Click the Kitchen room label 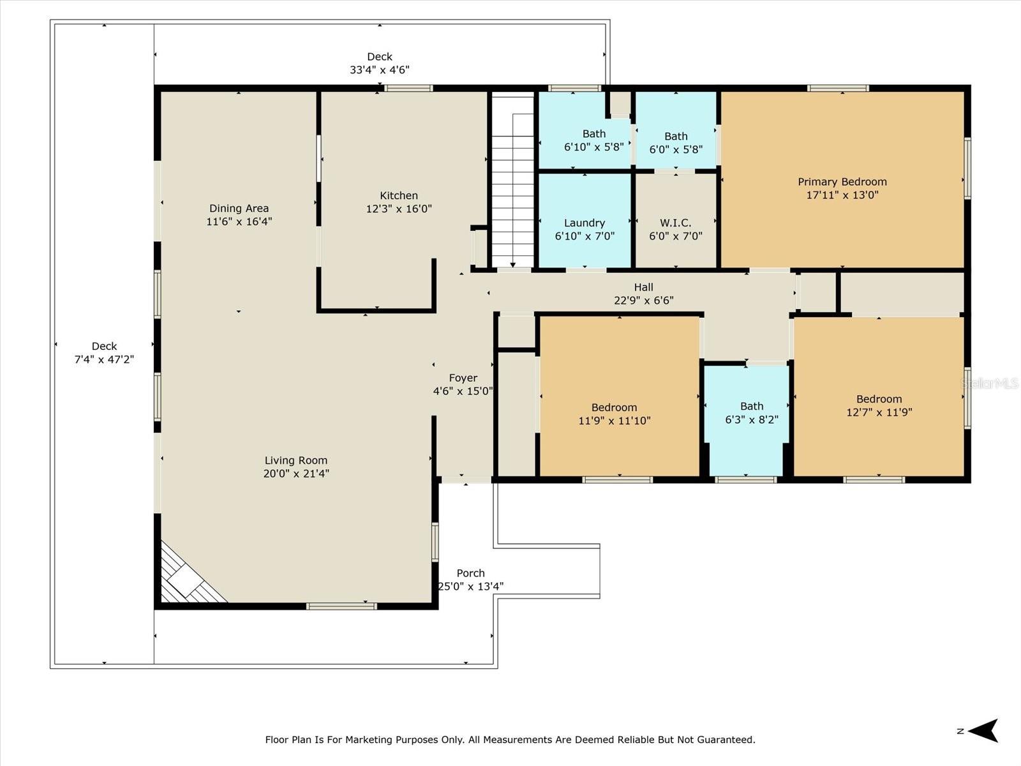pos(399,195)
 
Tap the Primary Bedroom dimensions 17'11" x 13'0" pos(842,195)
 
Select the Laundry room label pos(585,223)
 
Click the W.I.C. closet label pos(675,223)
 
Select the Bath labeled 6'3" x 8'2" pos(752,413)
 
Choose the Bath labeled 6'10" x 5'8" pos(593,140)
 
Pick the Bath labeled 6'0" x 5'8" pos(676,143)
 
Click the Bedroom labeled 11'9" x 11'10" pos(614,414)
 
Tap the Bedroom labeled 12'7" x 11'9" pos(879,405)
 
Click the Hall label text pos(643,287)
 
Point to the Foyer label pos(463,378)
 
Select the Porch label pos(470,573)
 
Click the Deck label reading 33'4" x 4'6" pos(379,63)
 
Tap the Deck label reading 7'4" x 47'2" pos(104,353)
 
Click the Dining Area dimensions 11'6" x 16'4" pos(239,222)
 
